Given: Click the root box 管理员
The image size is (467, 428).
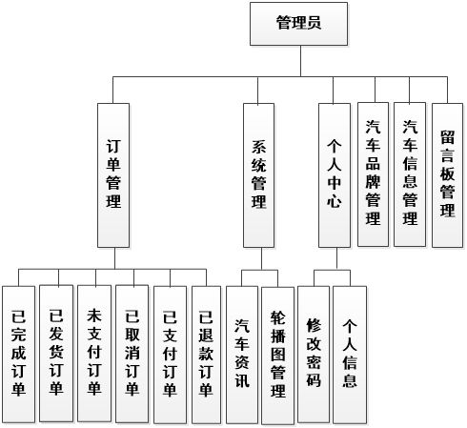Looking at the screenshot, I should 296,24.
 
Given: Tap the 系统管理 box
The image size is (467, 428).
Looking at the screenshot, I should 258,176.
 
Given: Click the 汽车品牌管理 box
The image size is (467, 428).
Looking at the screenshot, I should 373,173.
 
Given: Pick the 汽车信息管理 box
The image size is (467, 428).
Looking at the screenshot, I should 410,173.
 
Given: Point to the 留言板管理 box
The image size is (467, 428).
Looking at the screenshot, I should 447,173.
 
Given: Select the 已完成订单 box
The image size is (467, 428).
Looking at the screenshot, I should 17,354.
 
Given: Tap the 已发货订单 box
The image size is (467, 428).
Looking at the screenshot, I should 55,354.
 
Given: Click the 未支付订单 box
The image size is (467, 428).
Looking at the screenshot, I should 93,354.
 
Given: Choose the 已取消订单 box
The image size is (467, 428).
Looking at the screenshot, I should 132,354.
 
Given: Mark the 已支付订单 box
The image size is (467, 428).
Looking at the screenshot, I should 170,354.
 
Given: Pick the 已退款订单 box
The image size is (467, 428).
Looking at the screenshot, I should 206,354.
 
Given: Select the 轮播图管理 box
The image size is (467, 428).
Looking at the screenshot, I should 277,354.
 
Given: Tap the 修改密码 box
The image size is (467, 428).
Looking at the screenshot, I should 314,354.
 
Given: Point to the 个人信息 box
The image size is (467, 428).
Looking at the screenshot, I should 350,354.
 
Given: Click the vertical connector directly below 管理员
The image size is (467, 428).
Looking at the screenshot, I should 296,61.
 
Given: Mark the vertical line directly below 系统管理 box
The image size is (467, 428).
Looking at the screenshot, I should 258,258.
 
